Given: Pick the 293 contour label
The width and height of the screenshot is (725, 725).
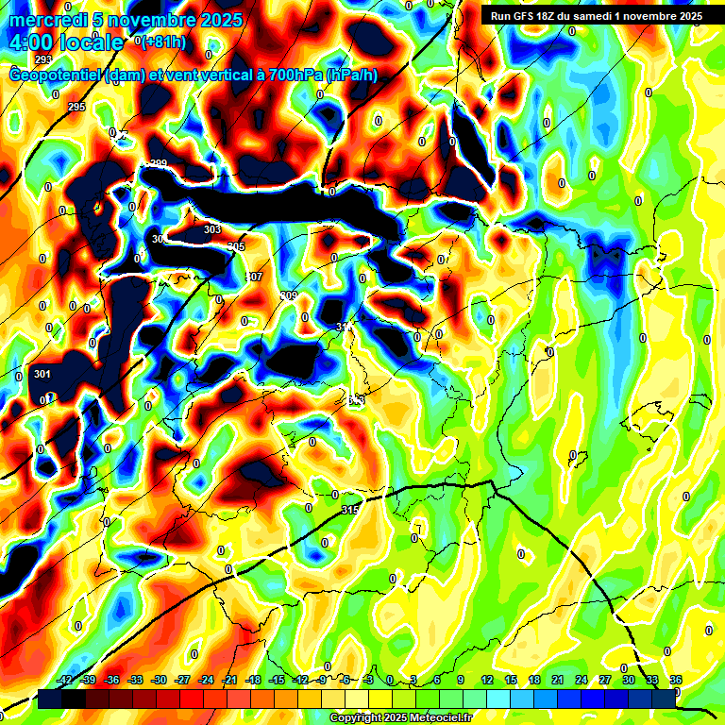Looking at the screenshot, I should [x=43, y=59].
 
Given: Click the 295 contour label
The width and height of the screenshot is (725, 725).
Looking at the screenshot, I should [x=76, y=108].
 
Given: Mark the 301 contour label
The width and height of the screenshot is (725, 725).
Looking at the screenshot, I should [x=42, y=374].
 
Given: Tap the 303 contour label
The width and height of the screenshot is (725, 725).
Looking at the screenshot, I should [x=212, y=229].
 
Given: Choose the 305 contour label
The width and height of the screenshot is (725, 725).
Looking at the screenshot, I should [x=236, y=246].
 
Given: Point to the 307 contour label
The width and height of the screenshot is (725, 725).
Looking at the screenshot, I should [x=254, y=277].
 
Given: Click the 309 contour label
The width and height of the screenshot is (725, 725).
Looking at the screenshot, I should [x=289, y=295].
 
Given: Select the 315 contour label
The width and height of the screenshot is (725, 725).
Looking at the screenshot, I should [x=350, y=510].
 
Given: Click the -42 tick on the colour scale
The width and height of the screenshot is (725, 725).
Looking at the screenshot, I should [x=65, y=680].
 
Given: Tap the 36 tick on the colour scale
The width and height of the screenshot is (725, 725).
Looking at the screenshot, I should [x=676, y=680].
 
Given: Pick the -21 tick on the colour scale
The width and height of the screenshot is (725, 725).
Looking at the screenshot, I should [x=229, y=680].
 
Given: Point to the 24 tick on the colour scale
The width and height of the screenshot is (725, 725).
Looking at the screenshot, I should [x=582, y=680].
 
